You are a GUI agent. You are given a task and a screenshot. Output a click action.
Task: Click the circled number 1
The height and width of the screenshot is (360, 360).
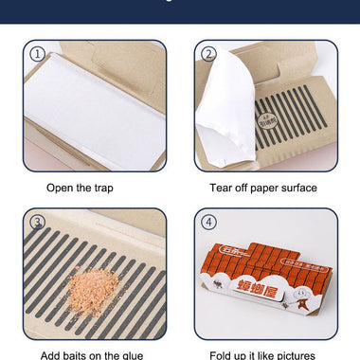(36, 55)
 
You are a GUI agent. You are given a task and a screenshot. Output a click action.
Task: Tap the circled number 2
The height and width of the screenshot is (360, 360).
(208, 55)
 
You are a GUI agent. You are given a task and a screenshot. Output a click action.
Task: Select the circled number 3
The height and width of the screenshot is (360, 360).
(36, 223)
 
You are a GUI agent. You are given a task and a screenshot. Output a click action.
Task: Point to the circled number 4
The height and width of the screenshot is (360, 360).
(208, 223)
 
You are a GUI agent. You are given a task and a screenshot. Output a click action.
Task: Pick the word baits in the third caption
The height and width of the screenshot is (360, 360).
(83, 355)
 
